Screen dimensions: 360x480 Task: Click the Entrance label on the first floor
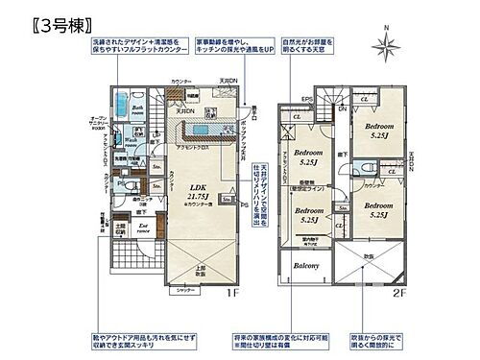click(x=142, y=228)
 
